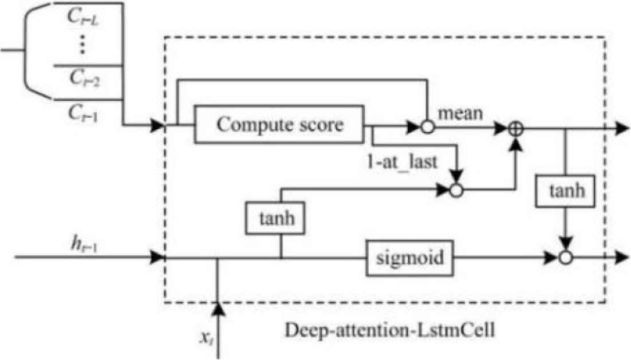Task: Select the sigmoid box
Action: [x=410, y=258]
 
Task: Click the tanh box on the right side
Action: [x=565, y=191]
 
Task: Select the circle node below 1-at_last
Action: [x=456, y=191]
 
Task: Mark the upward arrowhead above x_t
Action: [x=218, y=310]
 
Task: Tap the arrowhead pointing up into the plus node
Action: [x=516, y=146]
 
